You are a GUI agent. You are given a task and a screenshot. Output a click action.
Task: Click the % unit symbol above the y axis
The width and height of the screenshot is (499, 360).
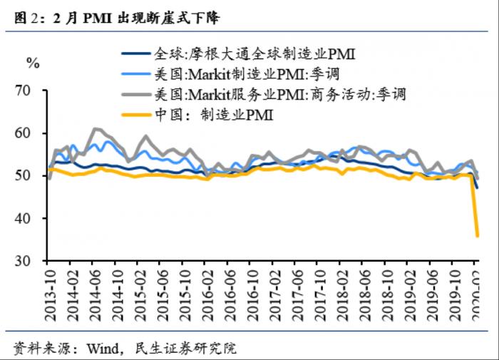point(32,63)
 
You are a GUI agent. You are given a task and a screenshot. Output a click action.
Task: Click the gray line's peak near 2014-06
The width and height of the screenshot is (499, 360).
point(96,129)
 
